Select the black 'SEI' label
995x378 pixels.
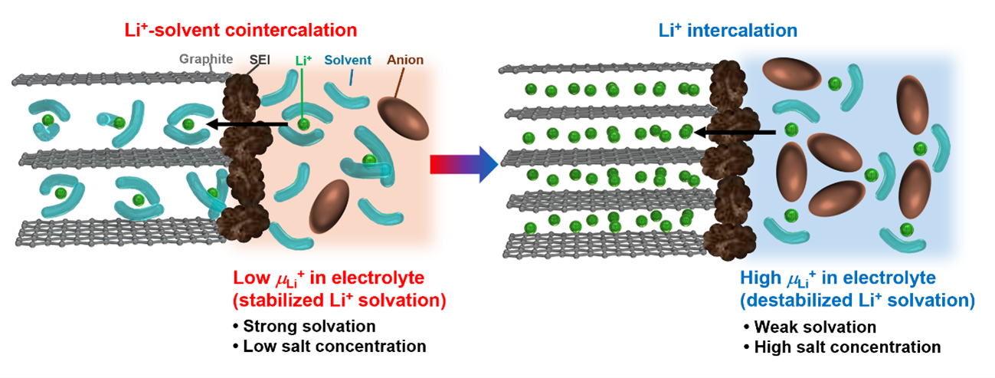coord(260,59)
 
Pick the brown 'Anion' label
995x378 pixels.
coord(405,59)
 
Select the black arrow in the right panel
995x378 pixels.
coord(735,133)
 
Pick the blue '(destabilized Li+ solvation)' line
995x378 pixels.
coord(857,299)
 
